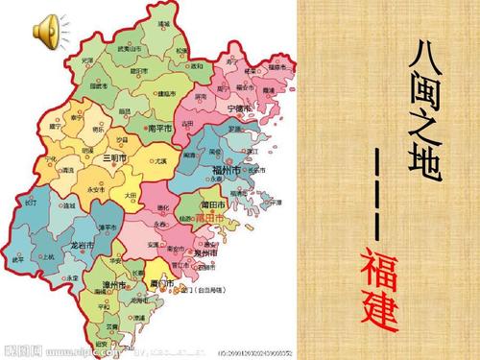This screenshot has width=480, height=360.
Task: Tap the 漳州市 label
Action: (x=115, y=286)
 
